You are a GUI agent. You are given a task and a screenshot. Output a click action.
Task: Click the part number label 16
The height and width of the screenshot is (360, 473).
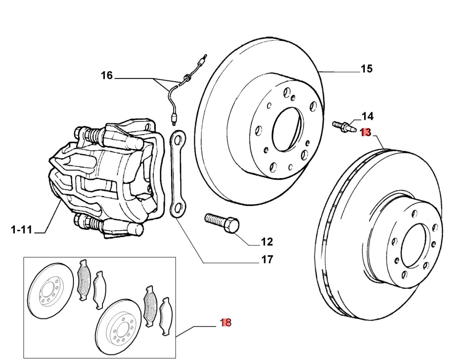click(107, 75)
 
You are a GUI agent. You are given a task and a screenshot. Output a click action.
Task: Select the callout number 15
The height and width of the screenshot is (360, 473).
click(366, 69)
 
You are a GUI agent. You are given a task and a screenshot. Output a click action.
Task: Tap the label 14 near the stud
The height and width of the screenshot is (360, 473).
click(367, 116)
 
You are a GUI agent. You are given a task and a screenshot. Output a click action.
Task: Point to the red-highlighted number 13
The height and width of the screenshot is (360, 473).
click(365, 132)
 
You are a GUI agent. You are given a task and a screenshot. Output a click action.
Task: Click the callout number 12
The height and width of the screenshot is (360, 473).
click(267, 241)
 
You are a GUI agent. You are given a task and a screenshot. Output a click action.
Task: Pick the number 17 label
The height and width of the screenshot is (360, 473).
click(267, 259)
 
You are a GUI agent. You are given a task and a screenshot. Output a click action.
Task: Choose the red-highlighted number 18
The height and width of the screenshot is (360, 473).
click(225, 323)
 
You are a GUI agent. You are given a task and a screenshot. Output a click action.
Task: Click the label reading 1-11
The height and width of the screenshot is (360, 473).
click(21, 229)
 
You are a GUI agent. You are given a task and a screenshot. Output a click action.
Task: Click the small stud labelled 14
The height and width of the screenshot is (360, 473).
click(342, 125)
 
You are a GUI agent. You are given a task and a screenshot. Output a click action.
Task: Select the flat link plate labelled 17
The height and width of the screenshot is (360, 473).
click(178, 173)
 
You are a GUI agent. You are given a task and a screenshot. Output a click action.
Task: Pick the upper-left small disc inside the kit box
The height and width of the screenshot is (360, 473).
click(50, 291)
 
